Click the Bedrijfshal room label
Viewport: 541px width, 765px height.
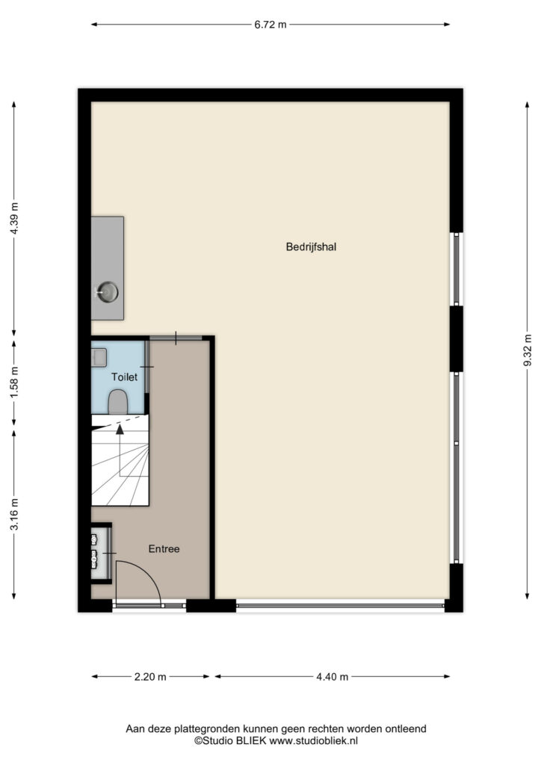coord(311,247)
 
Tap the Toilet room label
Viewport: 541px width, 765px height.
coord(124,377)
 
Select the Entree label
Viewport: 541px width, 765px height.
coord(164,549)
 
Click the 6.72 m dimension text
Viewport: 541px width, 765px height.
coord(270,25)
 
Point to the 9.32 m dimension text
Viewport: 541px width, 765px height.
coord(528,350)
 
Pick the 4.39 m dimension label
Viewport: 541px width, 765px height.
coord(14,218)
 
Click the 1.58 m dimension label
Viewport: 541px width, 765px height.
coord(14,382)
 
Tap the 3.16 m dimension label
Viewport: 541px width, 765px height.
coord(14,514)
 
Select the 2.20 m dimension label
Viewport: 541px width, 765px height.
coord(150,677)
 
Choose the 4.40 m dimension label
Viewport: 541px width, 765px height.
coord(333,677)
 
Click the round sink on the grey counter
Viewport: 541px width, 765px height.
coord(108,292)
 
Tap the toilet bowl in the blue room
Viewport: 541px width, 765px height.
coord(117,401)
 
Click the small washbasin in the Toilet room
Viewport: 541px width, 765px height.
coord(99,358)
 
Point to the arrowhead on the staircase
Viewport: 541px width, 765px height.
coord(120,429)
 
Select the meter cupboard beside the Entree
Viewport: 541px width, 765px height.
coord(102,553)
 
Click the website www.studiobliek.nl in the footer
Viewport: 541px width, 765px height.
coord(314,740)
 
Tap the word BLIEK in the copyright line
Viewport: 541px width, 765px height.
coord(251,740)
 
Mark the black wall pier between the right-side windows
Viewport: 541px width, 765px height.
coord(456,338)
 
